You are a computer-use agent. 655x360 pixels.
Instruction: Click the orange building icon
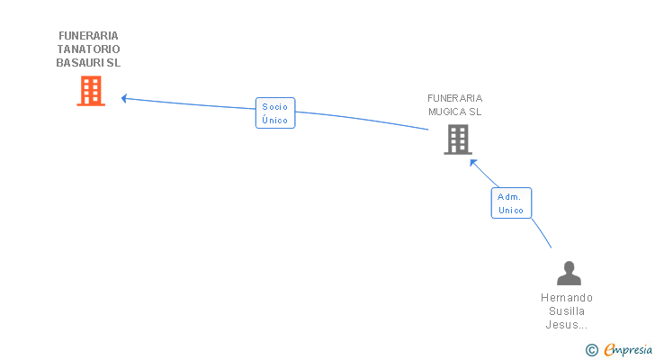[91, 91]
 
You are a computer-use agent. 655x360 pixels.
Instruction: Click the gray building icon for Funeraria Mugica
[457, 139]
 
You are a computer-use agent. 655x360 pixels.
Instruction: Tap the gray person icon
[569, 273]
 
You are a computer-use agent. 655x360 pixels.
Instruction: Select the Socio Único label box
[274, 113]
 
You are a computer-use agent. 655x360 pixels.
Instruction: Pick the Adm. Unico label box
[511, 202]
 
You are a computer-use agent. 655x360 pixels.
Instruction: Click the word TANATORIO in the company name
[88, 49]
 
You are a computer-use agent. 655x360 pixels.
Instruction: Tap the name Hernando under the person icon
[567, 298]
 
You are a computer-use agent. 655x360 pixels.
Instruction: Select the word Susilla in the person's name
[567, 311]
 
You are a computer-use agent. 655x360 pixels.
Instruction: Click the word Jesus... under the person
[567, 325]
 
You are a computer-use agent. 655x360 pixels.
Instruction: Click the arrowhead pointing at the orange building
[125, 97]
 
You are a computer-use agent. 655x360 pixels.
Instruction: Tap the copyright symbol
[591, 350]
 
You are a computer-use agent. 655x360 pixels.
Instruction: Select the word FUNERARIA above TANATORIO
[88, 36]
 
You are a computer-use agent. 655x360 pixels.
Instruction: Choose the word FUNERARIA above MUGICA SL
[454, 98]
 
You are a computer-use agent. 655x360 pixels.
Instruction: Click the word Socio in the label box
[274, 107]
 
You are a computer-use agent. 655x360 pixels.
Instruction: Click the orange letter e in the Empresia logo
[609, 350]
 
